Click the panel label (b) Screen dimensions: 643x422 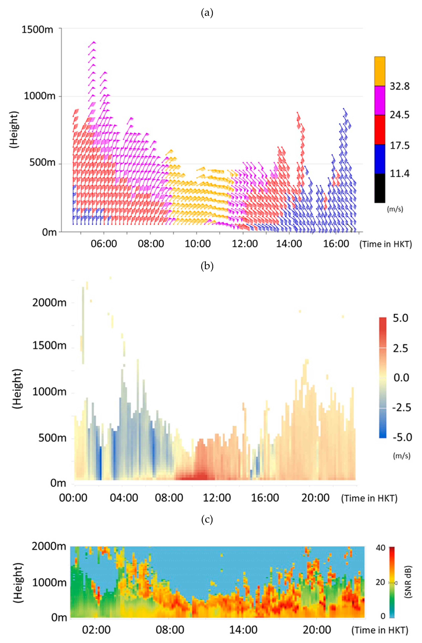coord(207,266)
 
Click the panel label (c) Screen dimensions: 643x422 coord(207,519)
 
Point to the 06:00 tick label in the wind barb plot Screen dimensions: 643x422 coord(104,244)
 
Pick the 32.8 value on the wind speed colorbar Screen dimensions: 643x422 coord(399,86)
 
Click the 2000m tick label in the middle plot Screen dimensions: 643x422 coord(49,303)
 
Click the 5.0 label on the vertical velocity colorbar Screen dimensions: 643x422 coord(400,318)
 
